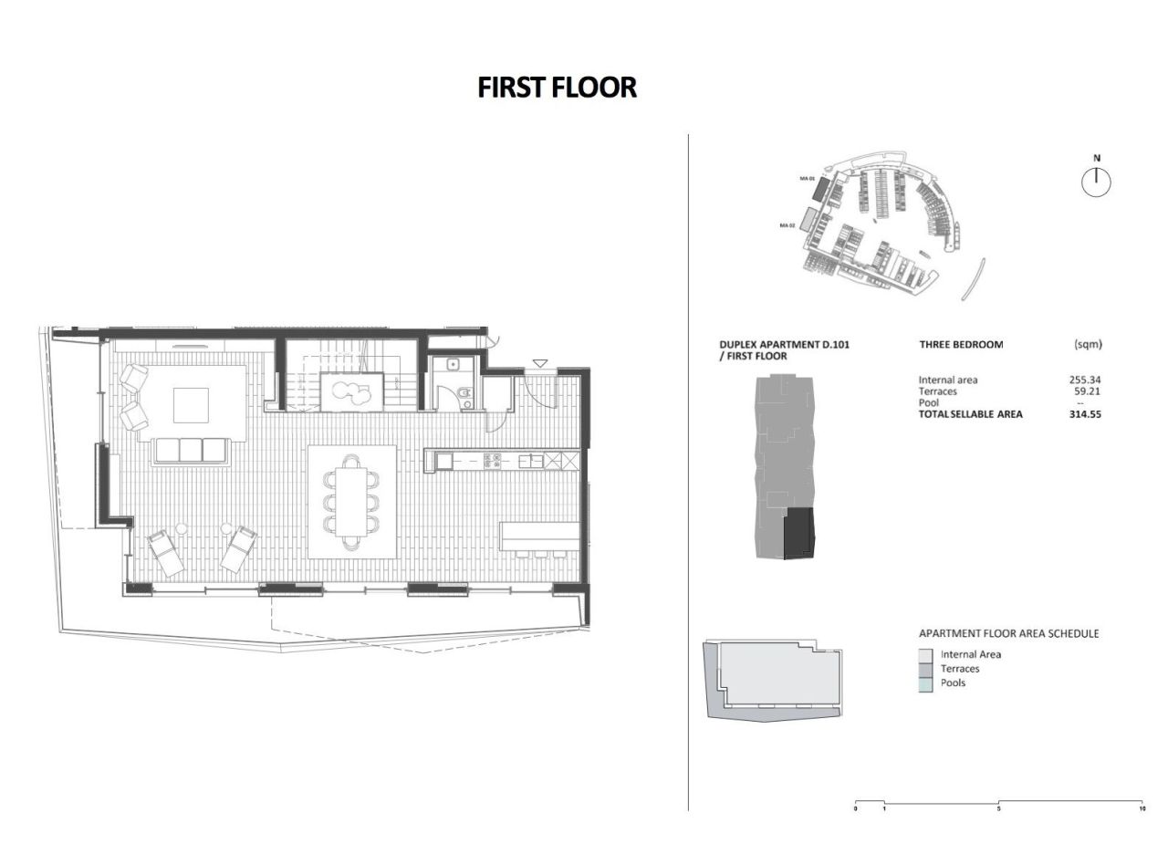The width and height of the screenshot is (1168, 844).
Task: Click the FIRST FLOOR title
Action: coord(557,87)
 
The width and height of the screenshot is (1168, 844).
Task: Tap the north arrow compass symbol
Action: coord(1096,182)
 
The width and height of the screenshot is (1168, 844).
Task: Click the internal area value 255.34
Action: coord(1085,380)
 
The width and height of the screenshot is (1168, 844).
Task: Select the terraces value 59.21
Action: coord(1089,391)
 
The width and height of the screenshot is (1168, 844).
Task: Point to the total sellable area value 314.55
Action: coord(1085,413)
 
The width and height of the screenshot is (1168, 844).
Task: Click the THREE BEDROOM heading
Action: coord(961,345)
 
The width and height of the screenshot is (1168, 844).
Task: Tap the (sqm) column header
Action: coord(1089,345)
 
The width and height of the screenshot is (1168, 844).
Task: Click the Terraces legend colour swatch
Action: coord(925,669)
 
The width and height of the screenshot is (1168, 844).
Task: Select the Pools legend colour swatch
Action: coord(925,682)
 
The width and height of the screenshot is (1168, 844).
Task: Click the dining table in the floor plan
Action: coord(350,501)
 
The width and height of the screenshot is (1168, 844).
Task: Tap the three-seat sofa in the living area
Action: coord(191,450)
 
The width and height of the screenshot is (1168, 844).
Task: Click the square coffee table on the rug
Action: coord(190,404)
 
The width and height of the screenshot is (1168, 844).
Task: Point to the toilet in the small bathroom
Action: coord(465,396)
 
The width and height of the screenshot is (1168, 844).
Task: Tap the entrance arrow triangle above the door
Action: coord(540,363)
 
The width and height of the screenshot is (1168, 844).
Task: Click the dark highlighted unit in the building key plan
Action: coord(799,534)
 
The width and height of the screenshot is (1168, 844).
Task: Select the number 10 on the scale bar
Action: coord(1142,808)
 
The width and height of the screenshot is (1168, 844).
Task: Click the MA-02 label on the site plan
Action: coord(787,224)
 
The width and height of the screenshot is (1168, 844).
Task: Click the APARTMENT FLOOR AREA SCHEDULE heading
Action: coord(1008,633)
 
